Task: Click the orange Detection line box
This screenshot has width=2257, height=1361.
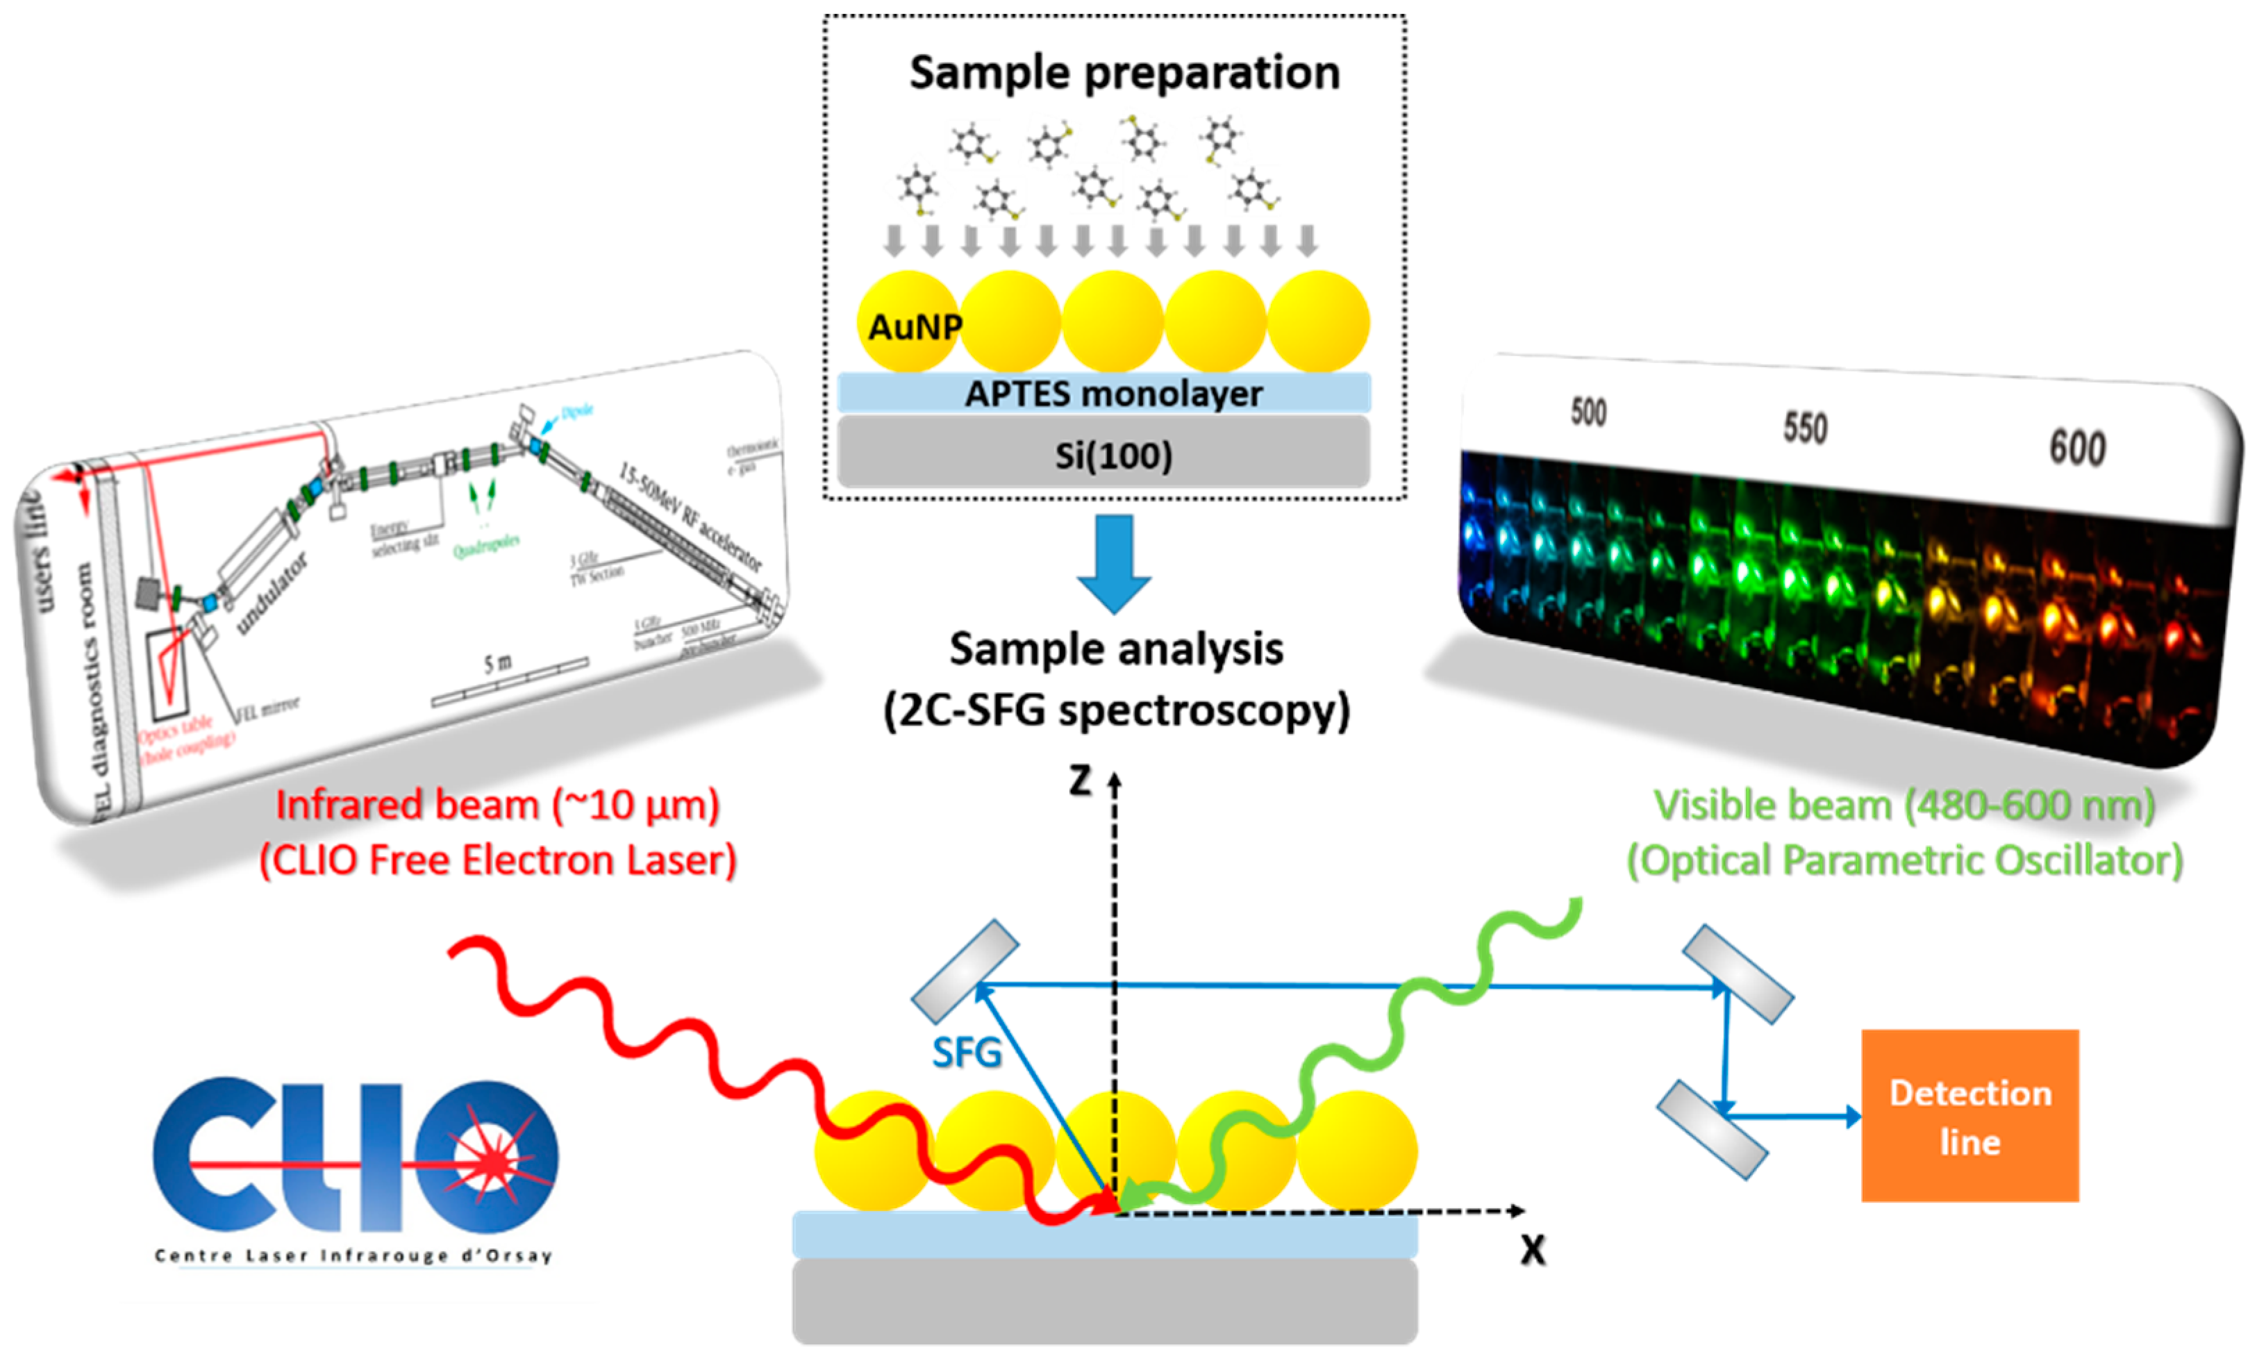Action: tap(1969, 1116)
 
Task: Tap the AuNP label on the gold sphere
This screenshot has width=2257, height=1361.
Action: tap(914, 327)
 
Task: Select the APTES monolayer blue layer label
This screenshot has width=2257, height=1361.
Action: tap(1113, 394)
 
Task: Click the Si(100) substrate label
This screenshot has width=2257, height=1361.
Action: tap(1113, 456)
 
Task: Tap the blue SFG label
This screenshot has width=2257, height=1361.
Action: tap(967, 1053)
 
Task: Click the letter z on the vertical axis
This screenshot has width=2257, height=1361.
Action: tap(1081, 781)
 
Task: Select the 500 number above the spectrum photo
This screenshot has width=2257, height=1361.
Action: tap(1588, 413)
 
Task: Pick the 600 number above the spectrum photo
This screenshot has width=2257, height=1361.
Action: tap(2076, 449)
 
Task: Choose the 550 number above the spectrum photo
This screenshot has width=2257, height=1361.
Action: tap(1804, 428)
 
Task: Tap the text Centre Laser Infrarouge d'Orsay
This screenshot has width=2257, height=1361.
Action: tap(353, 1255)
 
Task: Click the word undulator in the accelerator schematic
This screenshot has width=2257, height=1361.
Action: tap(272, 594)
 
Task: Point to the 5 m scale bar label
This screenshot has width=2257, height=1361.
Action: tap(497, 662)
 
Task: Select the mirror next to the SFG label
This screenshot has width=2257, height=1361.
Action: tap(965, 971)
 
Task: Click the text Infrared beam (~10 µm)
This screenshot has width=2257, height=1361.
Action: tap(497, 805)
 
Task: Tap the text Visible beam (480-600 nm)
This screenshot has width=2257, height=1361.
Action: tap(1904, 805)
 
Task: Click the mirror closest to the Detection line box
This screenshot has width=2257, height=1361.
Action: tap(1711, 1129)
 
